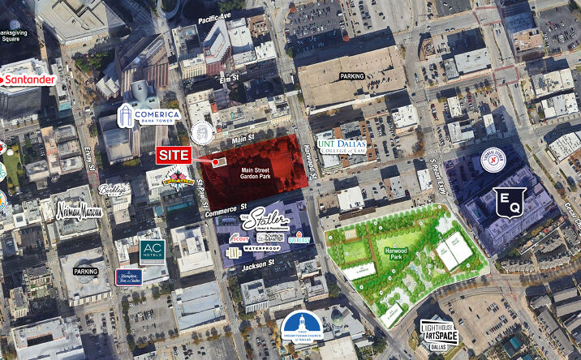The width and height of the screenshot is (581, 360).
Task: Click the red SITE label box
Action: click(x=173, y=155)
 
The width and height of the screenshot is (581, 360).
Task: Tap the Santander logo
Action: click(x=29, y=80)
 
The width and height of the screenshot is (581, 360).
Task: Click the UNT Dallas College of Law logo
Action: click(x=341, y=151)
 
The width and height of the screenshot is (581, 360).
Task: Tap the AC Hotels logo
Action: click(x=152, y=251)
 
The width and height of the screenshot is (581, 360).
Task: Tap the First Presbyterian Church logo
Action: click(x=304, y=328)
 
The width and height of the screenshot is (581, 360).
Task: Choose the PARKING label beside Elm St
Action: click(x=352, y=77)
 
